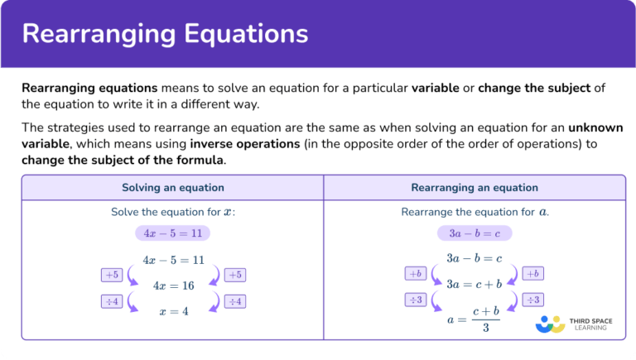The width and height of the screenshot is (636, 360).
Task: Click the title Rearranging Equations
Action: (x=166, y=34)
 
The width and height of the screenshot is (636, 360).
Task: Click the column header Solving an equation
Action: (x=172, y=187)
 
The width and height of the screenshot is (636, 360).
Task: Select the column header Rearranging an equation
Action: (x=475, y=187)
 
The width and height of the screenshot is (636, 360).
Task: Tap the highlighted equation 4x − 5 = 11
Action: (x=173, y=233)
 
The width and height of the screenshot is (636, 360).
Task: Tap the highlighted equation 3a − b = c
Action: (x=475, y=233)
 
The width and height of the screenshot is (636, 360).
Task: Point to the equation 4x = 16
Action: (x=173, y=286)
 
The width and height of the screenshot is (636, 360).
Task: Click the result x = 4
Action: (x=173, y=311)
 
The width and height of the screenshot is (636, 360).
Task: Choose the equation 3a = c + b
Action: (x=475, y=284)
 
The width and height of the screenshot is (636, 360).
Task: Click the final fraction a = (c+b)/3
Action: (x=475, y=318)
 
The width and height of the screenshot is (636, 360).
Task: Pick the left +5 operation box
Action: (x=111, y=275)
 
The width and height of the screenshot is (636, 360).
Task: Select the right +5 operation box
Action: (x=235, y=275)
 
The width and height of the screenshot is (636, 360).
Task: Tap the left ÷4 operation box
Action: (x=111, y=301)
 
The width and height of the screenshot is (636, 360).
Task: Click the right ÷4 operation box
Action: (x=235, y=301)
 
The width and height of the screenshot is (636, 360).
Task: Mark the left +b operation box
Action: (x=415, y=273)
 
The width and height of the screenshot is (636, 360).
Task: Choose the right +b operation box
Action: (x=533, y=273)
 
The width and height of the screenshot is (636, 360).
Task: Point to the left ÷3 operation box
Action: (x=415, y=300)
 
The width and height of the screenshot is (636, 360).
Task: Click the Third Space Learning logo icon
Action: (x=550, y=324)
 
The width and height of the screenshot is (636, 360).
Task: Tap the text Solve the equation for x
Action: (x=172, y=212)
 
